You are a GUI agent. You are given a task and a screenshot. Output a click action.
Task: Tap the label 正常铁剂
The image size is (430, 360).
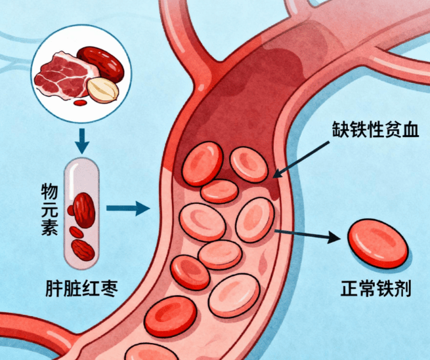click(x=376, y=289)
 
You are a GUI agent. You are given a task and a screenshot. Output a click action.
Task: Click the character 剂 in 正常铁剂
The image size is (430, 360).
click(x=402, y=289)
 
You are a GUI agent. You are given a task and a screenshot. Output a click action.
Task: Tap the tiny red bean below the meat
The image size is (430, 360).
click(x=81, y=102)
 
